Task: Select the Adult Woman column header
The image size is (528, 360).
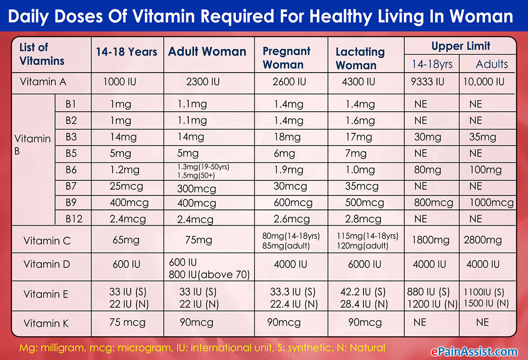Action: (207, 51)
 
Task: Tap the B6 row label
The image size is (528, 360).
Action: (71, 170)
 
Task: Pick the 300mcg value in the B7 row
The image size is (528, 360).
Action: (197, 189)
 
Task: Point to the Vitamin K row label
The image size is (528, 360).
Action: (46, 324)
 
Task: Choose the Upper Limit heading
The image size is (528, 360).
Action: (461, 46)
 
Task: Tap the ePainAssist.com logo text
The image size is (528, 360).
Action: (473, 351)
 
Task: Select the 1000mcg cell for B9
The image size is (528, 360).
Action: (491, 203)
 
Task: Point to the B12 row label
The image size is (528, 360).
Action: (74, 219)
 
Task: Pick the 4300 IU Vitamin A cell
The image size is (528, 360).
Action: (359, 81)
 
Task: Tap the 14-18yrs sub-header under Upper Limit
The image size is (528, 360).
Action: (432, 64)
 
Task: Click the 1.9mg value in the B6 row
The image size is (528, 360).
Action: (289, 170)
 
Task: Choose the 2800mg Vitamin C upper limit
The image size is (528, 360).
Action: (483, 240)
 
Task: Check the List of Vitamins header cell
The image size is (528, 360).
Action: (42, 54)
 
